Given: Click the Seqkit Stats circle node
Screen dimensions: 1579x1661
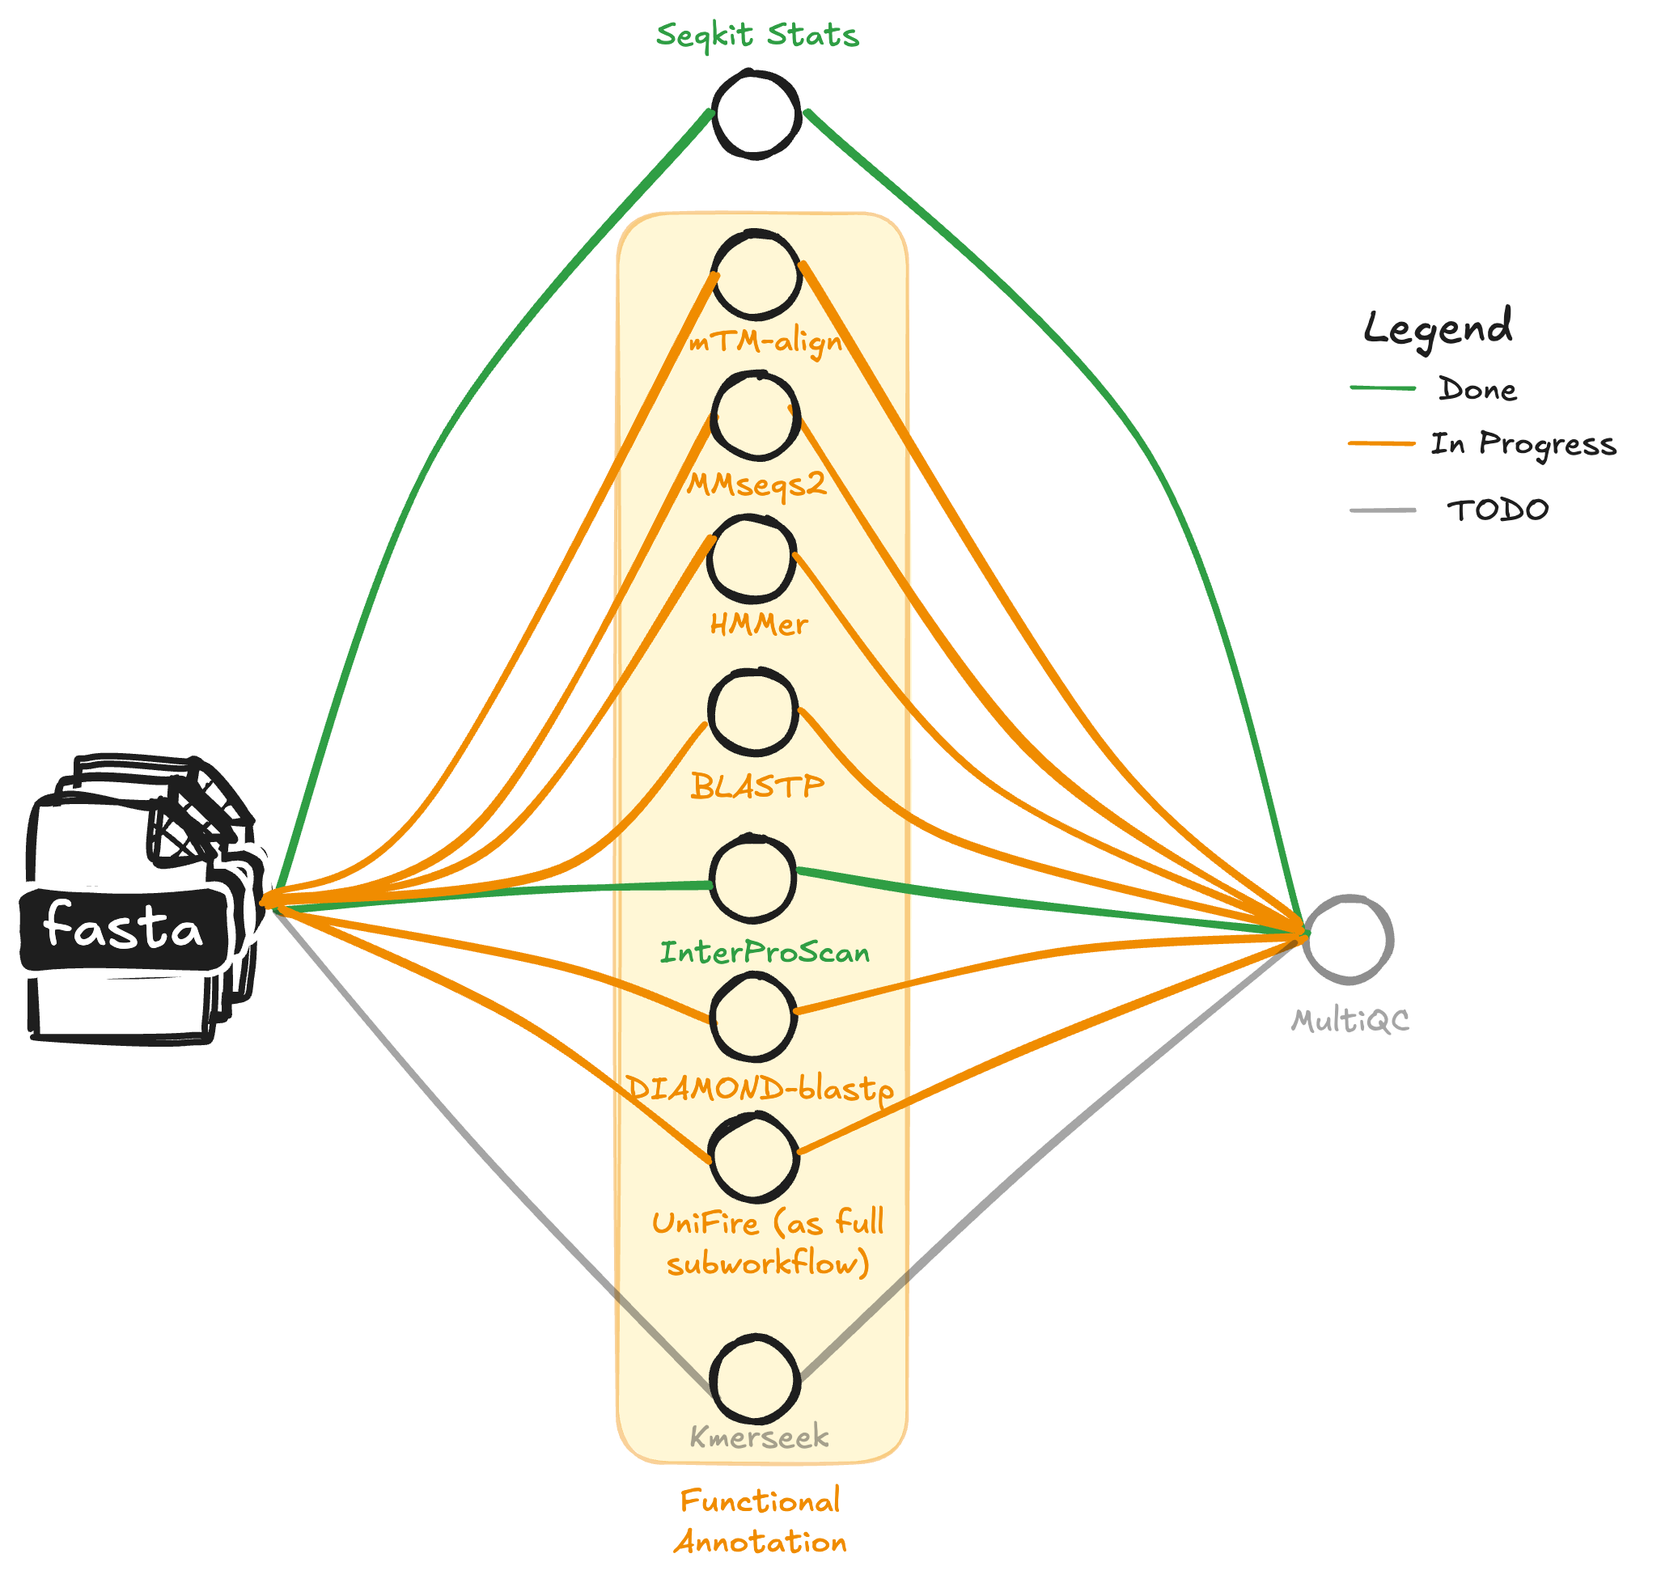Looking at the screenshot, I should pyautogui.click(x=755, y=115).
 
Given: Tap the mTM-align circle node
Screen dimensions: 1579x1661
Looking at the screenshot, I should pyautogui.click(x=755, y=274).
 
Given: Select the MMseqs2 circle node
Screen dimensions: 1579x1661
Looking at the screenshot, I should pyautogui.click(x=755, y=417).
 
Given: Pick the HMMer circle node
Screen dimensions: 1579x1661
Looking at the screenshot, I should pyautogui.click(x=752, y=560).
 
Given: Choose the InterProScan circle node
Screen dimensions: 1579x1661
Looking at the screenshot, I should pyautogui.click(x=752, y=878).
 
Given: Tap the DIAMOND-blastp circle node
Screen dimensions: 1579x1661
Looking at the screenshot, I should pyautogui.click(x=753, y=1018).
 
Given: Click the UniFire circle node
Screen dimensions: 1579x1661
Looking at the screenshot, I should pyautogui.click(x=753, y=1158).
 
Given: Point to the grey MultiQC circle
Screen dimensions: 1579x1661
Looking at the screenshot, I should pyautogui.click(x=1349, y=939).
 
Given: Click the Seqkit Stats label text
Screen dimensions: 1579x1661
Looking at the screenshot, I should pyautogui.click(x=756, y=36).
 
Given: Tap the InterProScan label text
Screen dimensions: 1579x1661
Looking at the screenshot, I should pyautogui.click(x=765, y=953).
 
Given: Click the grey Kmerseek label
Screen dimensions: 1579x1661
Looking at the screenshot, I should pyautogui.click(x=759, y=1437).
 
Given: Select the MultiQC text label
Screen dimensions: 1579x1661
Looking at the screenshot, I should pyautogui.click(x=1350, y=1021).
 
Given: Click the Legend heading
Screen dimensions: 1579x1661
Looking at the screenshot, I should pyautogui.click(x=1437, y=327).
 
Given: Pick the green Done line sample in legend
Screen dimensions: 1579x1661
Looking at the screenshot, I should pyautogui.click(x=1383, y=388).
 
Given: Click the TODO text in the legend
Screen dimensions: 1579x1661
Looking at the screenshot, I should pyautogui.click(x=1497, y=510).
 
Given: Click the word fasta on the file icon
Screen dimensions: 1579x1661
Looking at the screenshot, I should pyautogui.click(x=123, y=927).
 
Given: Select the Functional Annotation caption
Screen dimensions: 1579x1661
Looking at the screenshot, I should pyautogui.click(x=760, y=1522).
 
